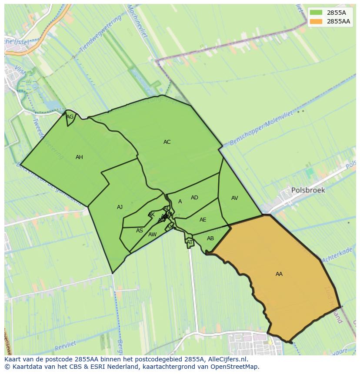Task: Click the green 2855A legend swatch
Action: point(317,13)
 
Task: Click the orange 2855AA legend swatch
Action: point(317,21)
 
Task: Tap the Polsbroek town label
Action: point(308,190)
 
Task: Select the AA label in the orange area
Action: point(279,274)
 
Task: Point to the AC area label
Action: point(167,142)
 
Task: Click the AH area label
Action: point(79,157)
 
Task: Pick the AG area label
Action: point(70,117)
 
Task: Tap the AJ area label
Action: point(120,207)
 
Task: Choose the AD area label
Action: point(194,198)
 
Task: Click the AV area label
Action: point(235,198)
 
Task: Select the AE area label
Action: point(203,220)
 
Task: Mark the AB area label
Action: point(210,238)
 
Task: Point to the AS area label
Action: point(139,231)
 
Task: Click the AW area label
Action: point(152,235)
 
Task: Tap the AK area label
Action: point(151,215)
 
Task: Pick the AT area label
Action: point(190,242)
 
